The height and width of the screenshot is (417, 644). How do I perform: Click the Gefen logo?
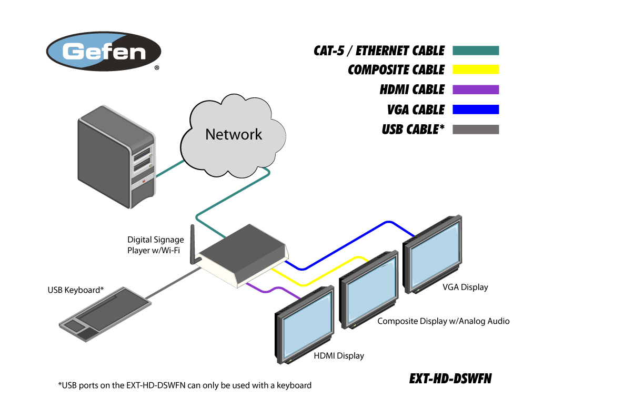click(x=104, y=51)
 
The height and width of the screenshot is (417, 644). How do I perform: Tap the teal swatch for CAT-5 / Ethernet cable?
click(x=475, y=51)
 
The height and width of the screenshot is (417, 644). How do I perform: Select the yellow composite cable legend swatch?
click(x=475, y=69)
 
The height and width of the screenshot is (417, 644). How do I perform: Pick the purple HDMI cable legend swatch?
click(x=475, y=90)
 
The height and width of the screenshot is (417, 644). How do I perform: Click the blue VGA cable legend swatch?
click(x=475, y=110)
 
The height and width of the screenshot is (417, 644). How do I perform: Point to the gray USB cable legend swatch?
click(x=475, y=130)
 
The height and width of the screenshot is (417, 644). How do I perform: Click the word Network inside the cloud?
click(x=234, y=134)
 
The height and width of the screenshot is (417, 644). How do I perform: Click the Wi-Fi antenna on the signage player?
click(x=193, y=245)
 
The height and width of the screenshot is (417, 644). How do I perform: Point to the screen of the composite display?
click(x=371, y=295)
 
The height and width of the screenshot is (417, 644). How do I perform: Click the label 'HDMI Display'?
click(x=339, y=356)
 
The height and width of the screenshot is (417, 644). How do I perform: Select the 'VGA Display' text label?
click(x=465, y=287)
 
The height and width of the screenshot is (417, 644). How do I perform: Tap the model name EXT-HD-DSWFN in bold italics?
click(x=450, y=379)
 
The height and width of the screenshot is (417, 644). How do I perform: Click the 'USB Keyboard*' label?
click(x=76, y=290)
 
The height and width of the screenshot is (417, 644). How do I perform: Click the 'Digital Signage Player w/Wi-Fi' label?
click(x=156, y=245)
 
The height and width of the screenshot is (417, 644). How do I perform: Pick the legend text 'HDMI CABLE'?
click(x=412, y=90)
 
